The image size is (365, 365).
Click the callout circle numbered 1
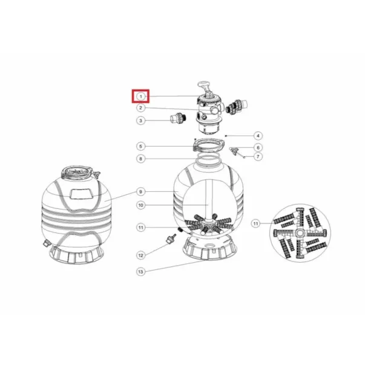pos(140,96)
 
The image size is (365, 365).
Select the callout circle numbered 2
pos(140,108)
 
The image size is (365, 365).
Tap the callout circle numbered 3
pos(140,120)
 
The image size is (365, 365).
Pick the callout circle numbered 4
pos(258,136)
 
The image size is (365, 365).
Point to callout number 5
pos(140,146)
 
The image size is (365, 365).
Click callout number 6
pos(258,147)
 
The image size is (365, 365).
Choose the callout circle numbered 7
pos(258,156)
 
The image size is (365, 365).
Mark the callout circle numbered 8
pos(140,159)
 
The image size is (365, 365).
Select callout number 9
pos(140,192)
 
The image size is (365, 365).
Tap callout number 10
pos(140,205)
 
